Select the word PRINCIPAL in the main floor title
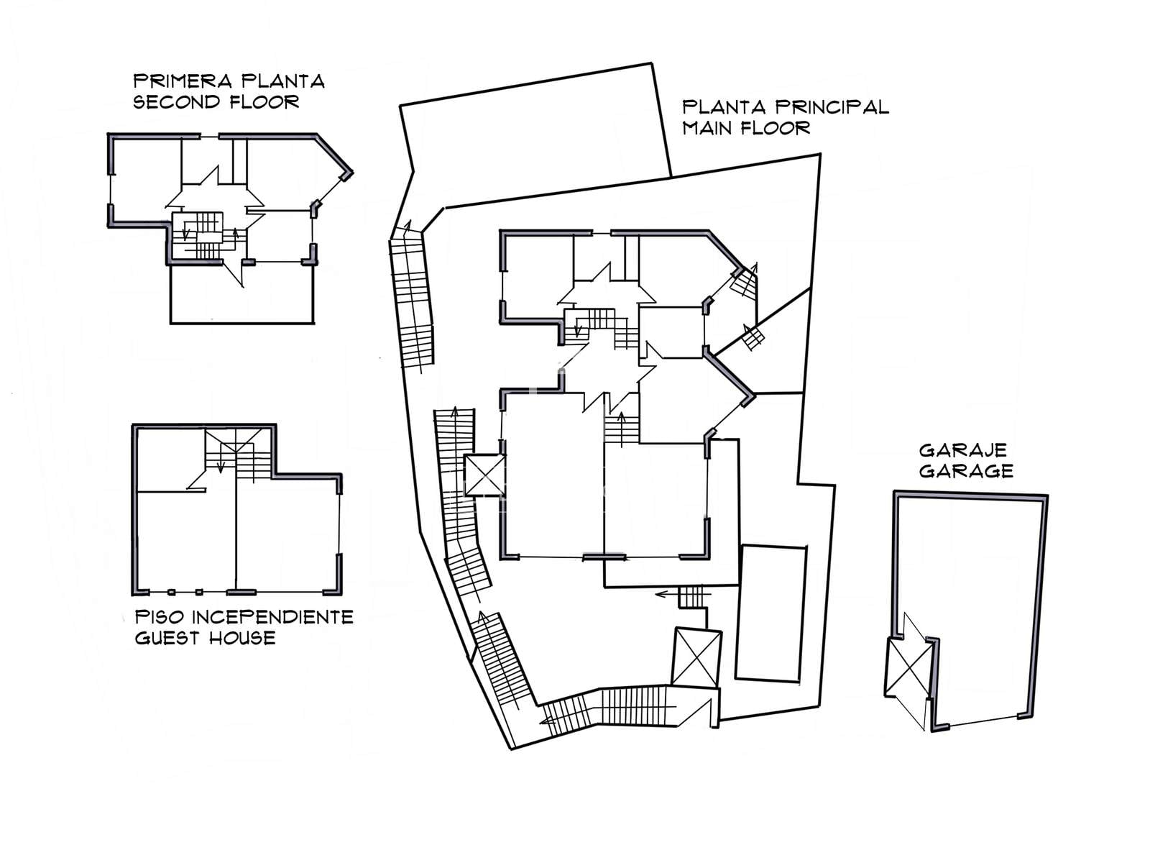(x=832, y=107)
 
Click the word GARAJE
(x=963, y=450)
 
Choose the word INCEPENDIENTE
(x=273, y=617)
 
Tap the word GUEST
(x=167, y=638)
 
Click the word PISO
(x=160, y=617)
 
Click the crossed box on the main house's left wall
(x=484, y=475)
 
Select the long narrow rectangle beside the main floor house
(x=770, y=613)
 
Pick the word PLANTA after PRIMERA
(x=283, y=81)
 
